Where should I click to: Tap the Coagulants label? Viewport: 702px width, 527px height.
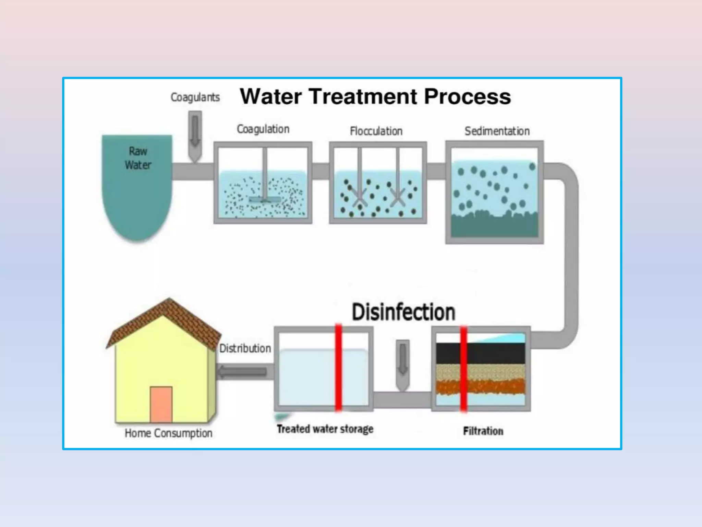click(x=195, y=97)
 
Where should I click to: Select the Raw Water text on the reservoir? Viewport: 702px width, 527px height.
click(x=138, y=158)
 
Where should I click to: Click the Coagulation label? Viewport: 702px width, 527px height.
click(x=263, y=129)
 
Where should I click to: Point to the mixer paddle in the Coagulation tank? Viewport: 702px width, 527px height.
click(x=264, y=199)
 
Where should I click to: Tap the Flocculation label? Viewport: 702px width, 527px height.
click(x=376, y=131)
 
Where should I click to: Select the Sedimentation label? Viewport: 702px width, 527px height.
click(x=497, y=131)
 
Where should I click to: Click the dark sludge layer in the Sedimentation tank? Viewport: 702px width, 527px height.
click(x=494, y=226)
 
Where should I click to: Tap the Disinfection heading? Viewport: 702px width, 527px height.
click(x=403, y=312)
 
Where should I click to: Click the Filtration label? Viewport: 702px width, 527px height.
click(x=483, y=431)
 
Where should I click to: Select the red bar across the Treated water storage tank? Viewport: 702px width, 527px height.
click(x=338, y=367)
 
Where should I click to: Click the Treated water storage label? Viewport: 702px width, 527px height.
click(x=325, y=429)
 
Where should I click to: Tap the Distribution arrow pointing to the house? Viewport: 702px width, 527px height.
click(x=242, y=372)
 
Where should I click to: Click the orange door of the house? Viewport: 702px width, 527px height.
click(x=161, y=405)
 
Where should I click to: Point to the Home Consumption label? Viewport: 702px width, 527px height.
click(x=168, y=433)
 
